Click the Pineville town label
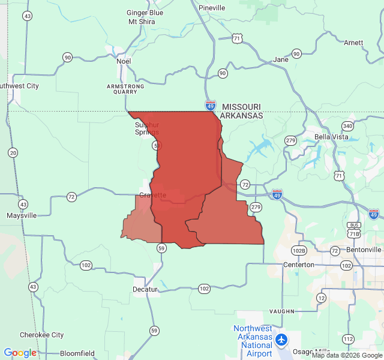212,8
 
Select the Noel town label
124,61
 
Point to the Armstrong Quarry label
125,89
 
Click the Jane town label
280,59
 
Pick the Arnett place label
353,43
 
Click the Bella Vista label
331,137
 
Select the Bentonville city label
364,250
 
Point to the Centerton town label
298,265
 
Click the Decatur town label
145,289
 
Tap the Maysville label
21,215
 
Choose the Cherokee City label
41,335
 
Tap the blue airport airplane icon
281,340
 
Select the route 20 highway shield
13,153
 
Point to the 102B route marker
298,250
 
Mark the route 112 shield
348,339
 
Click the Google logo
20,353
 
